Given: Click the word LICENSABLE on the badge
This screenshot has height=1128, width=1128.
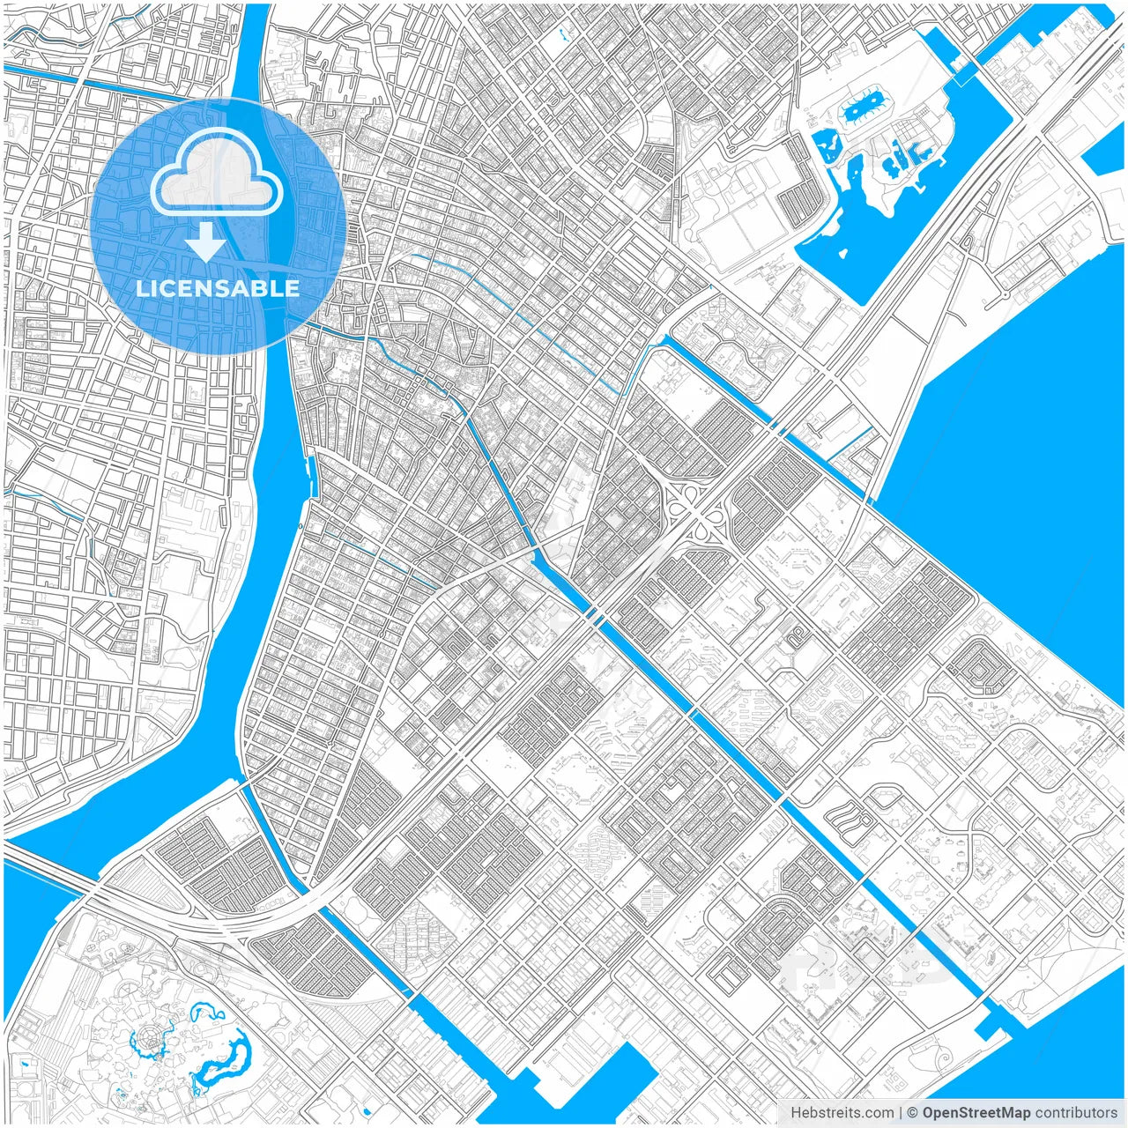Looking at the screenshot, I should click(218, 288).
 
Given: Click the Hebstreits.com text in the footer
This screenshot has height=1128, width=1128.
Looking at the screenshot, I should click(842, 1113).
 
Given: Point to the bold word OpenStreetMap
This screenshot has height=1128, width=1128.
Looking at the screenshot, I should click(976, 1113).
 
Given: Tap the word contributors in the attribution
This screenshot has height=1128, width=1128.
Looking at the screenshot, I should click(1076, 1113).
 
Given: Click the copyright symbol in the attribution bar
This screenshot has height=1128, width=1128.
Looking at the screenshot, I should click(913, 1113).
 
